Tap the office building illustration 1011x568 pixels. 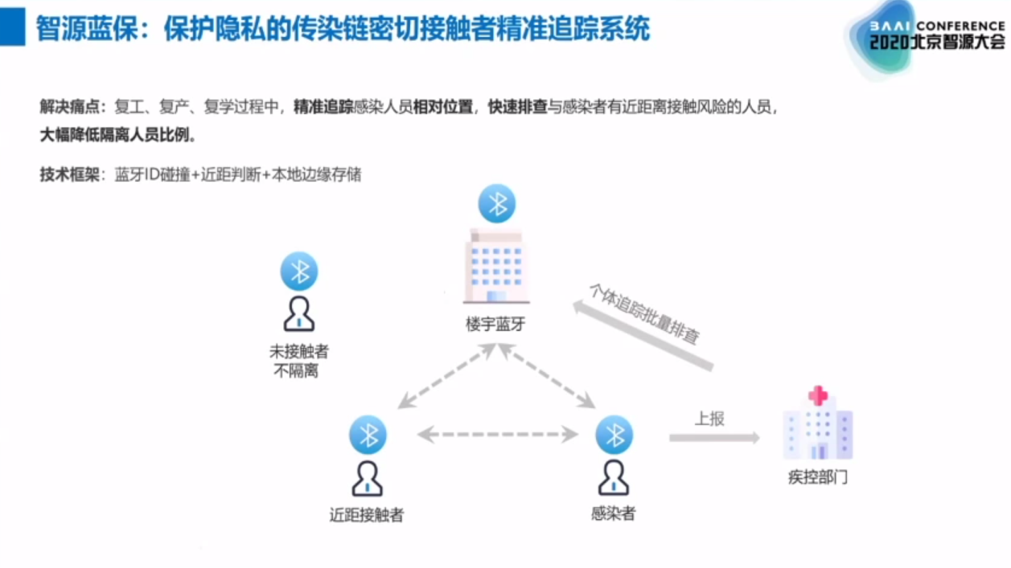[x=495, y=265]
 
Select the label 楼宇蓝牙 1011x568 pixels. [x=495, y=325]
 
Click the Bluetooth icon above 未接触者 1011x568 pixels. [x=299, y=272]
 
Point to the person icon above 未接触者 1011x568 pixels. [x=298, y=314]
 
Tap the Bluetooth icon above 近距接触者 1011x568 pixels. [x=368, y=435]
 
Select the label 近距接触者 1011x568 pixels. [x=367, y=515]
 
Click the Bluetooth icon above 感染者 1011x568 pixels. [x=614, y=435]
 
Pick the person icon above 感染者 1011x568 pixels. [x=614, y=477]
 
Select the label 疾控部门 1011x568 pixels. [x=817, y=477]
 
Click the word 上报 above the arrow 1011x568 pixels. [x=709, y=419]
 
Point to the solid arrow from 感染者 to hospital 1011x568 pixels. [x=714, y=438]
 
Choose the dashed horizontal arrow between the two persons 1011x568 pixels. [x=498, y=435]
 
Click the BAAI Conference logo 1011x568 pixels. [x=925, y=36]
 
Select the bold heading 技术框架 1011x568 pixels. [x=69, y=174]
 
